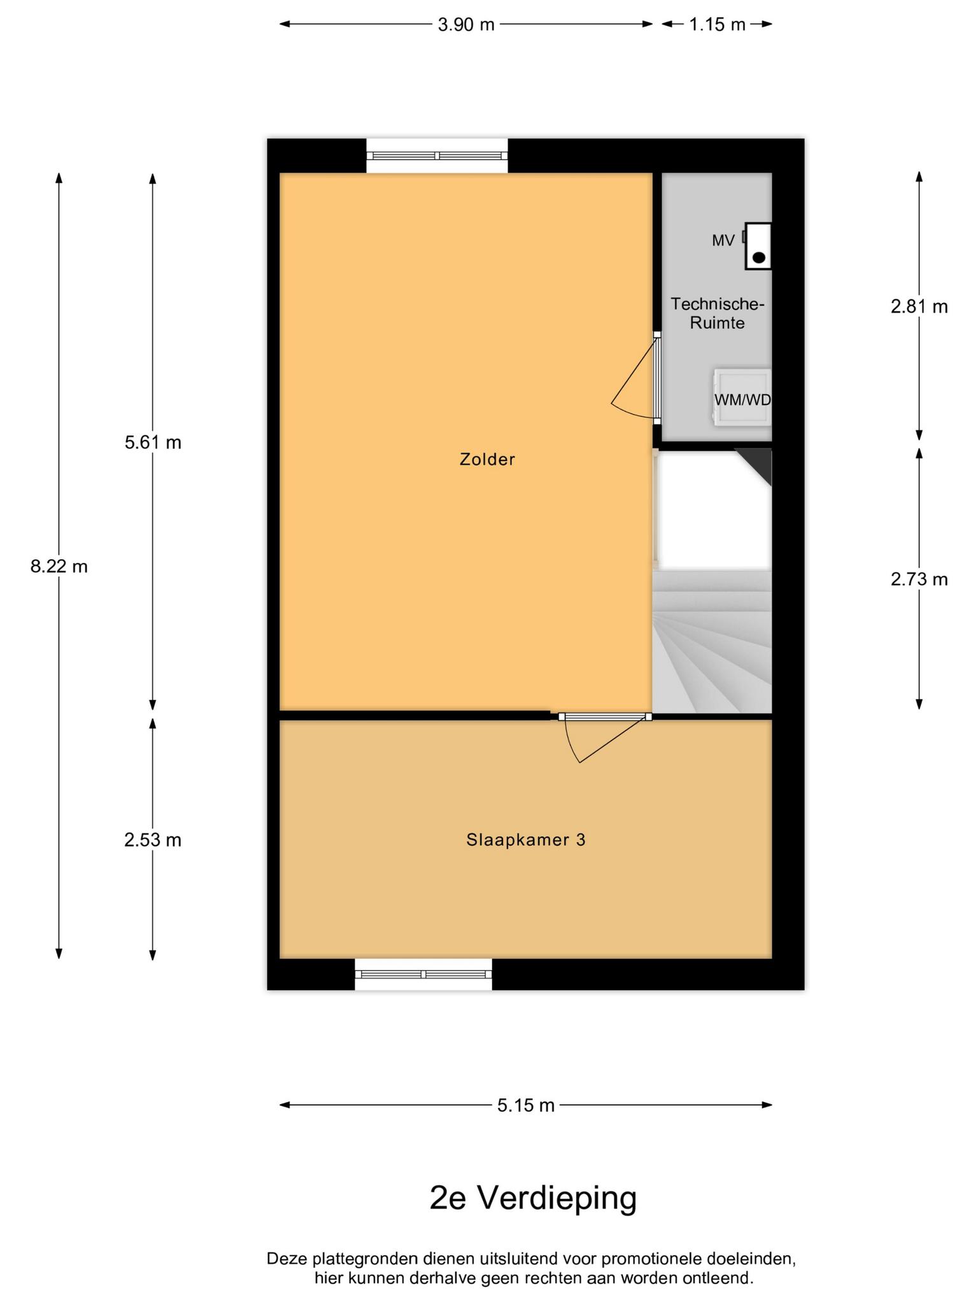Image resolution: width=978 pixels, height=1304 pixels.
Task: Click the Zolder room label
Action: [487, 459]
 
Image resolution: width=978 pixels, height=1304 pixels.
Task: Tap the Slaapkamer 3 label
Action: [526, 840]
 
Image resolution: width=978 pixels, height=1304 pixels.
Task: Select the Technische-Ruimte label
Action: [717, 313]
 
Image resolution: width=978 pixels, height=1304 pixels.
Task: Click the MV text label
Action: [723, 241]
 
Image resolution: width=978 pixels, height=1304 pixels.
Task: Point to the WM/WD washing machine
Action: [742, 397]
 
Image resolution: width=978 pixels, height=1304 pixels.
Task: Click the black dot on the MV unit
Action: [759, 258]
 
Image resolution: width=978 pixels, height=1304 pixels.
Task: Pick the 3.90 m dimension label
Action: [466, 25]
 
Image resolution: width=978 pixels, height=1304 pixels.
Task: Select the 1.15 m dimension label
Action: [717, 25]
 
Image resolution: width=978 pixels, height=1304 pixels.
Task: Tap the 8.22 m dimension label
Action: [59, 566]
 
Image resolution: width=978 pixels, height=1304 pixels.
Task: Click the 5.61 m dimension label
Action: [153, 442]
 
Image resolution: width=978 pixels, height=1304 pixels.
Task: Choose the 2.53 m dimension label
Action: [153, 840]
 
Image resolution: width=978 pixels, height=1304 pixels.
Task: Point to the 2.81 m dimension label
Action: [919, 307]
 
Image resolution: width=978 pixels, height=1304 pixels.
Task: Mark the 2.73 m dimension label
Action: [919, 579]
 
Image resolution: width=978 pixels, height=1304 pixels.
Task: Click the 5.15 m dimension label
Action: [526, 1105]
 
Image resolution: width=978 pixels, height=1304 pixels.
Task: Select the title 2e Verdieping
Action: [534, 1198]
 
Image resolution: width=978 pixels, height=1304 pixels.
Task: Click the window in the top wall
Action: [437, 155]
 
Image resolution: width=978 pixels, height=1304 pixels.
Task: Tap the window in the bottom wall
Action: [423, 974]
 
